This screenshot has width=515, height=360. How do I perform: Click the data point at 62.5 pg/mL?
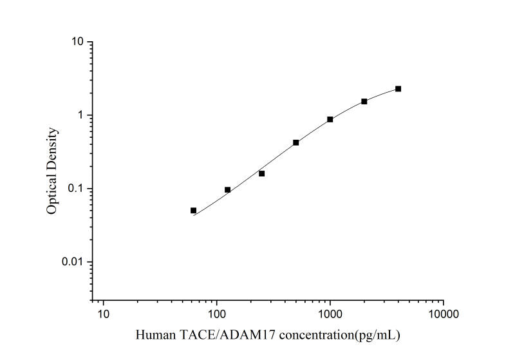(x=193, y=211)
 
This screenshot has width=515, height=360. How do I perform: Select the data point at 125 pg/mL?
(x=227, y=190)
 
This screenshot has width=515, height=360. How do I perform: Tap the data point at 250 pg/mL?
(x=261, y=173)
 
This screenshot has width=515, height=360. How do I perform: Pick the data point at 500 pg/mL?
(x=296, y=142)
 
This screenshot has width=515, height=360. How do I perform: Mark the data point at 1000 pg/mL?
(x=330, y=119)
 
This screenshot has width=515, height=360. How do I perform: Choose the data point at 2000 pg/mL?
(x=364, y=101)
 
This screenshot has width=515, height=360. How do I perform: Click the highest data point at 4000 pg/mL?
(x=398, y=89)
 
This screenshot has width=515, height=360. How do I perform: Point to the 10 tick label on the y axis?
(x=79, y=43)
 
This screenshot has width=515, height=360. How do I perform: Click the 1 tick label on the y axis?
(x=82, y=116)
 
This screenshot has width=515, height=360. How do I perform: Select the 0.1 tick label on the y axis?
(x=77, y=189)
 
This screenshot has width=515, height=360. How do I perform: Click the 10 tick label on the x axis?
(x=104, y=314)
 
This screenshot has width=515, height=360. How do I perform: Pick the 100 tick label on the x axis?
(x=217, y=314)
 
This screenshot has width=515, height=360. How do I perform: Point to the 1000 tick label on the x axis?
(x=330, y=314)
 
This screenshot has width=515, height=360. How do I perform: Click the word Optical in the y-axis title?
(x=53, y=194)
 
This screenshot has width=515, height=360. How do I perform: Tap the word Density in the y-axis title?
(x=53, y=149)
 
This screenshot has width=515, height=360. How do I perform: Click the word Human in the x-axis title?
(x=153, y=336)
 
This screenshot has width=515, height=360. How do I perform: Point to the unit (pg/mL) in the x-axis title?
(x=383, y=336)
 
